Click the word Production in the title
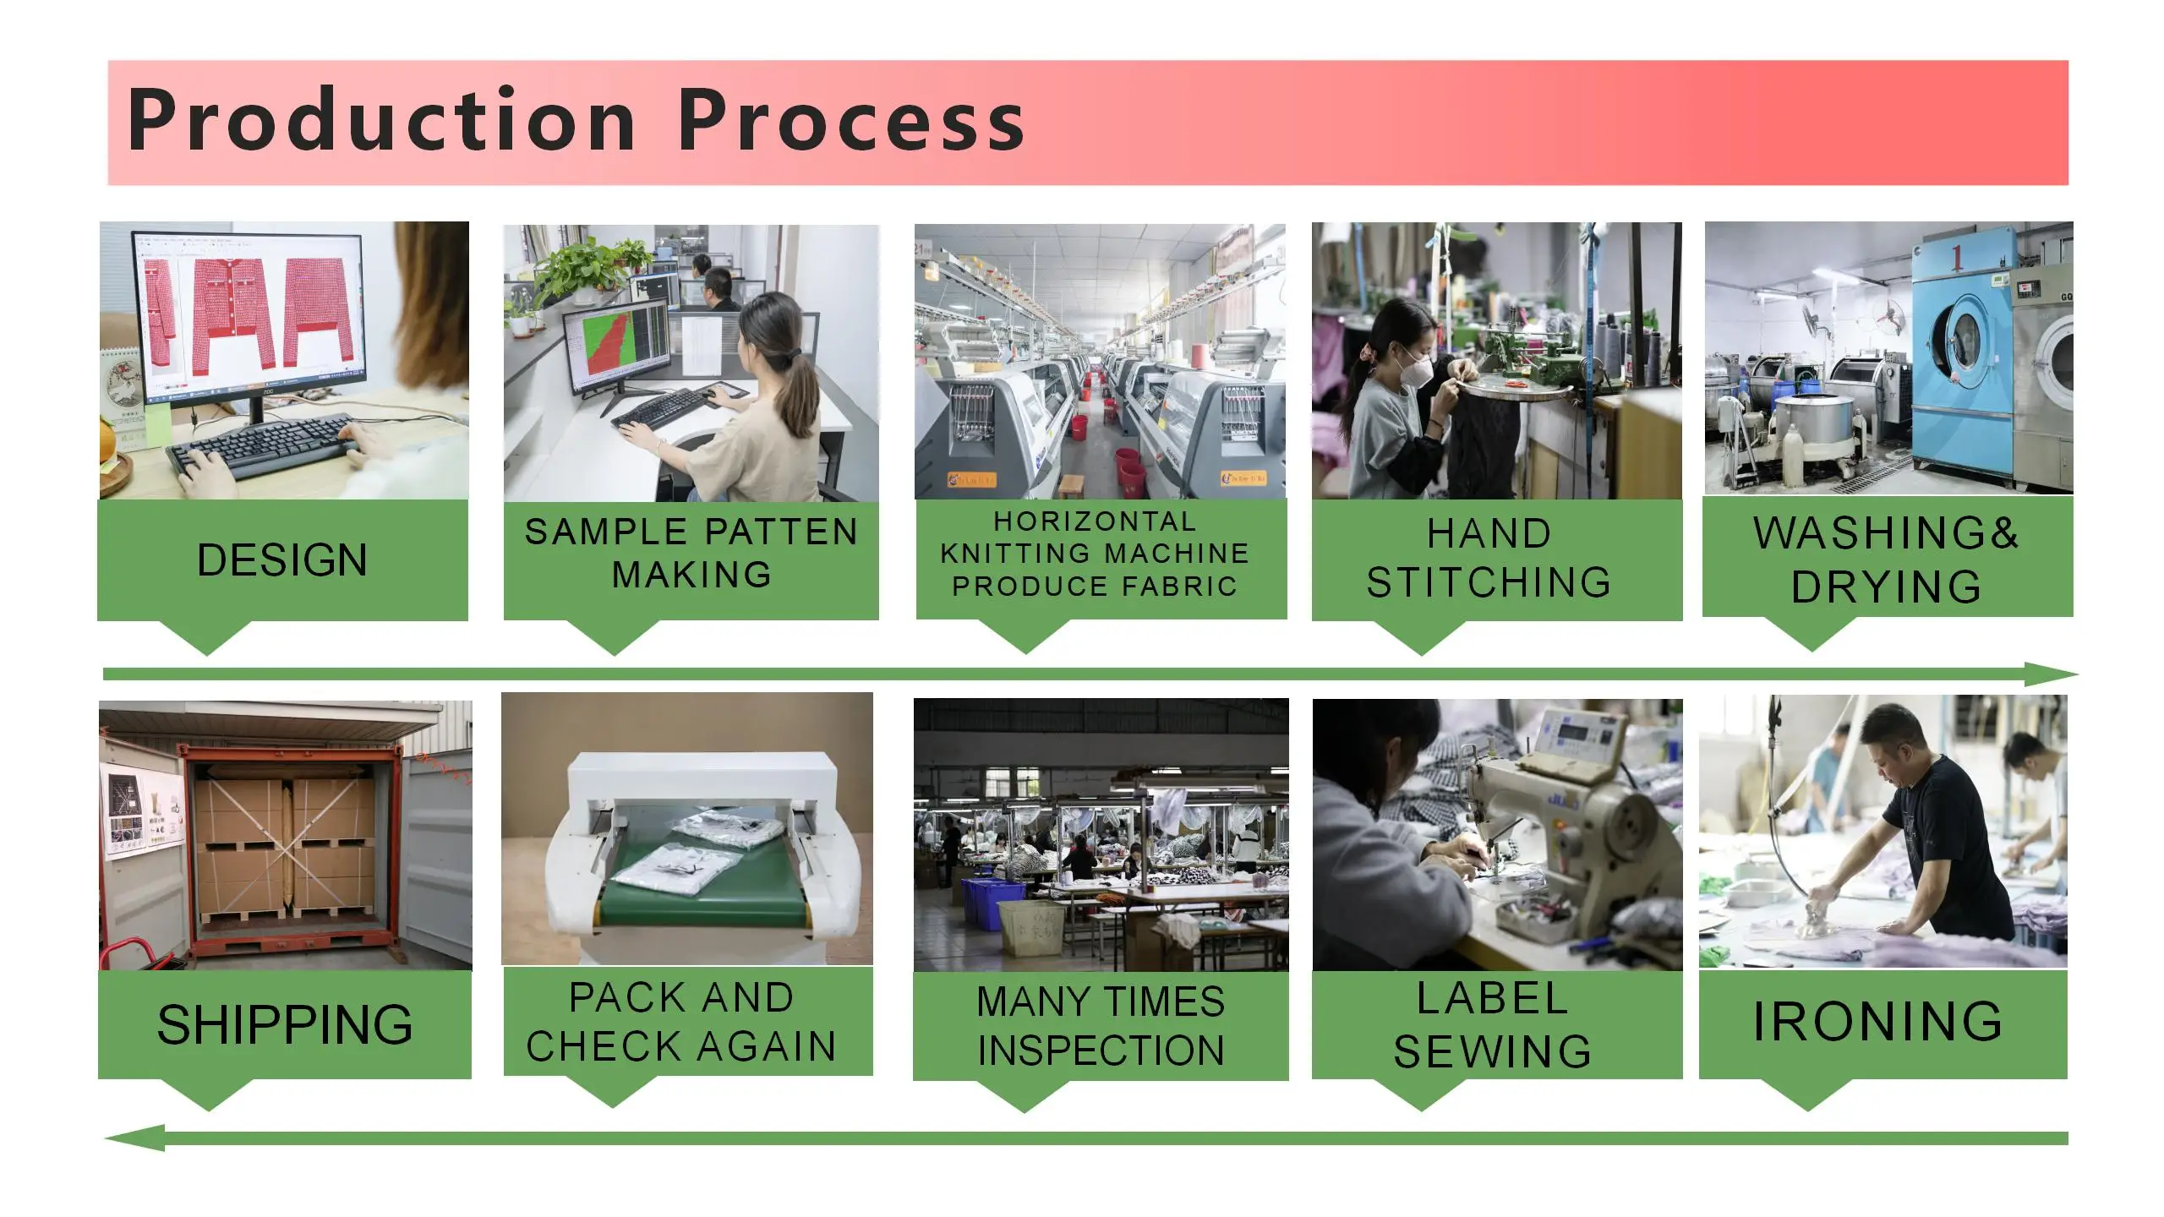pyautogui.click(x=380, y=120)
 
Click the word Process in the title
pyautogui.click(x=851, y=120)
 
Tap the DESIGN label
pyautogui.click(x=282, y=559)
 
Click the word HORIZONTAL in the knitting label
pyautogui.click(x=1095, y=521)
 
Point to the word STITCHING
pyautogui.click(x=1489, y=582)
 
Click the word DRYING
pyautogui.click(x=1886, y=587)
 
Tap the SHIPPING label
pyautogui.click(x=285, y=1024)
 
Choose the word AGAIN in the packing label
pyautogui.click(x=766, y=1046)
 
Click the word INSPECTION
pyautogui.click(x=1101, y=1050)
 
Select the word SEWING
pyautogui.click(x=1493, y=1051)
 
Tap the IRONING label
pyautogui.click(x=1877, y=1021)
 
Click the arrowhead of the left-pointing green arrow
pyautogui.click(x=135, y=1138)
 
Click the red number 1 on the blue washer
pyautogui.click(x=1955, y=258)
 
